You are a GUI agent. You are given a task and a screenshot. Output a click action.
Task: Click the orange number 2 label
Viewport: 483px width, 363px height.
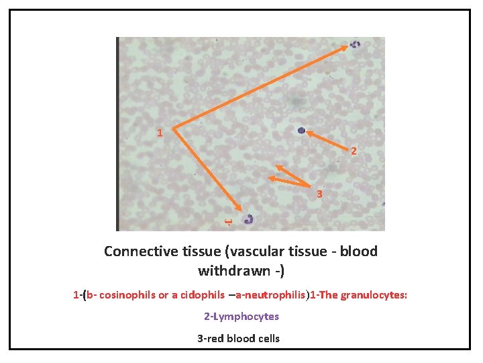[354, 152]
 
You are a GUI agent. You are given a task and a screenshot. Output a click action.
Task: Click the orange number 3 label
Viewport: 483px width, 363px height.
[320, 195]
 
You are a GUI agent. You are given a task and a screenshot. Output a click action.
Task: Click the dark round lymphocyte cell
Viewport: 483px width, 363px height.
[302, 130]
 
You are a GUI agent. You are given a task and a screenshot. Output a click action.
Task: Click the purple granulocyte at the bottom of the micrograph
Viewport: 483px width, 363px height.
[250, 218]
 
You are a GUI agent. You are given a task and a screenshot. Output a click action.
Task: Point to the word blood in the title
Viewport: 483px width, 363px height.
[359, 251]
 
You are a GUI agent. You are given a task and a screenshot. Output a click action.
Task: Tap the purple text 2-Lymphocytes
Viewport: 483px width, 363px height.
[241, 316]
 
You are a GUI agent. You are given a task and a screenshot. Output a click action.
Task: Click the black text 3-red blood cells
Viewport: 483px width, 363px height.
[238, 338]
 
